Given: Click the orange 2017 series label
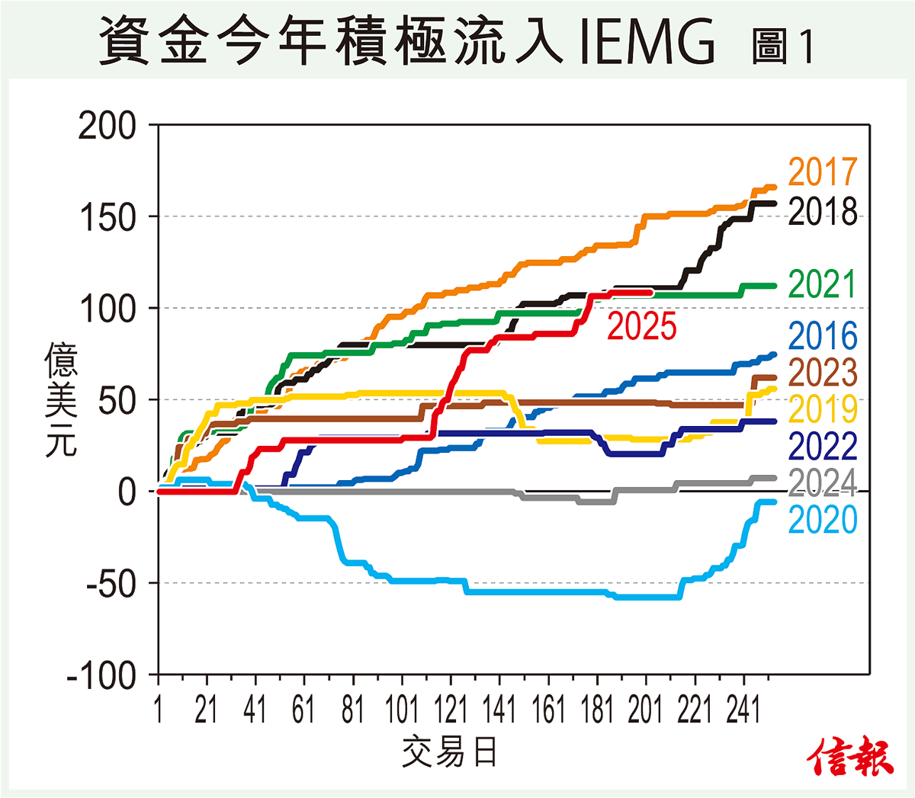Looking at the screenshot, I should click(823, 172).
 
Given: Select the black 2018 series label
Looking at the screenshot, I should click(823, 212).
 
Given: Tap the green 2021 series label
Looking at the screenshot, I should click(823, 285).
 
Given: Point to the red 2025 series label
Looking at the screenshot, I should click(642, 326).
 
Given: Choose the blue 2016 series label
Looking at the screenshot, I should click(823, 336).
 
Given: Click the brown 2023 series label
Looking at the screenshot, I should click(823, 373).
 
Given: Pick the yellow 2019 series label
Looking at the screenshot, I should click(823, 409).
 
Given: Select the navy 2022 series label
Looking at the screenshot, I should click(823, 446).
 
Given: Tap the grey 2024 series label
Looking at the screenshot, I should click(823, 482).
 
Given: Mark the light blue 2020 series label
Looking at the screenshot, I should click(823, 520).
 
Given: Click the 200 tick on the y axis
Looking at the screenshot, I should click(107, 126).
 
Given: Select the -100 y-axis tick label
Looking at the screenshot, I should click(101, 676).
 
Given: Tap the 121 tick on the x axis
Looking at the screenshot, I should click(451, 710).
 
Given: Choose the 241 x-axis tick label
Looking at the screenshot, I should click(743, 710).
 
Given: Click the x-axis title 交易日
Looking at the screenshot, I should click(450, 753).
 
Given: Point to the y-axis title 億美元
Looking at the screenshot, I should click(61, 399).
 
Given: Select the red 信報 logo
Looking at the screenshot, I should click(850, 757).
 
